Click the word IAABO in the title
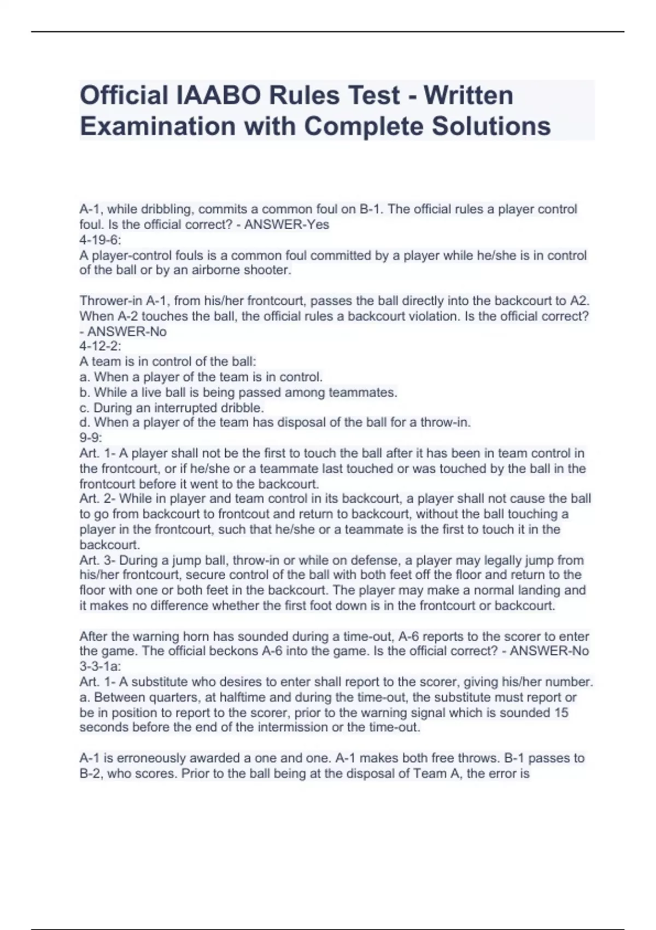click(x=216, y=95)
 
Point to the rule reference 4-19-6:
click(x=101, y=240)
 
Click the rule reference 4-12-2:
click(x=101, y=346)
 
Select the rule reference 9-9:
click(x=91, y=438)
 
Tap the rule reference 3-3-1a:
click(x=101, y=666)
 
